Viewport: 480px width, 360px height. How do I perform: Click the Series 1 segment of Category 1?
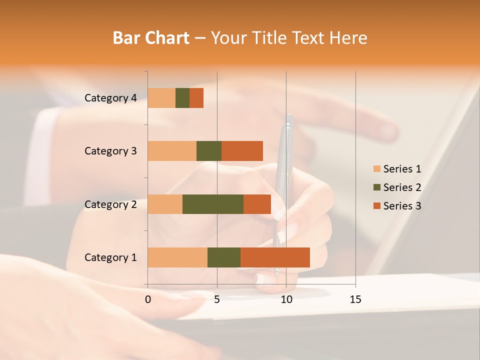177,257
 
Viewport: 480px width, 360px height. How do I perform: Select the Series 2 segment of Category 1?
224,257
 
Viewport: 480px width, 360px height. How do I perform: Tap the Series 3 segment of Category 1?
275,257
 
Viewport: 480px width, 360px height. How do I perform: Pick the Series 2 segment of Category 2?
213,204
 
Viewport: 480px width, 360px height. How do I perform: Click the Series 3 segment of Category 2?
257,204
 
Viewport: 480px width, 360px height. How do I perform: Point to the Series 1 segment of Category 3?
172,151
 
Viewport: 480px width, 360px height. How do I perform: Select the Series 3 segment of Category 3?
242,151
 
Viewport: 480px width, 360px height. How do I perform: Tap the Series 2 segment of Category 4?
182,98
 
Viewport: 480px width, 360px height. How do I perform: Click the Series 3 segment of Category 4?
196,98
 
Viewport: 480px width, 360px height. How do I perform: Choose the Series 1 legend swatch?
376,169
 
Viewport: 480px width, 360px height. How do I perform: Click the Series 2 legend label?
402,187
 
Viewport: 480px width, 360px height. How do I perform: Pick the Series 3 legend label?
402,206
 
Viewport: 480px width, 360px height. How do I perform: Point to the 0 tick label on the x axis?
148,299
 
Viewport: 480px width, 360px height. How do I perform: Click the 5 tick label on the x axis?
217,299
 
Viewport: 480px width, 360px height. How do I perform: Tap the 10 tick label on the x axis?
286,299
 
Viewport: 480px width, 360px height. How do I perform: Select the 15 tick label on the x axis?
355,299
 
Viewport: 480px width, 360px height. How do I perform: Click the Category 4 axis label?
110,98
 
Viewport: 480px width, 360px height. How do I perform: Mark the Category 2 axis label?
110,204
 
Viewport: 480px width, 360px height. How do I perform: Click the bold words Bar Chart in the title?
151,38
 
